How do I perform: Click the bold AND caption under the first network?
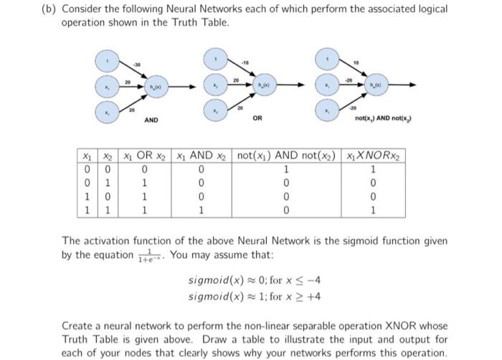click(x=152, y=120)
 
